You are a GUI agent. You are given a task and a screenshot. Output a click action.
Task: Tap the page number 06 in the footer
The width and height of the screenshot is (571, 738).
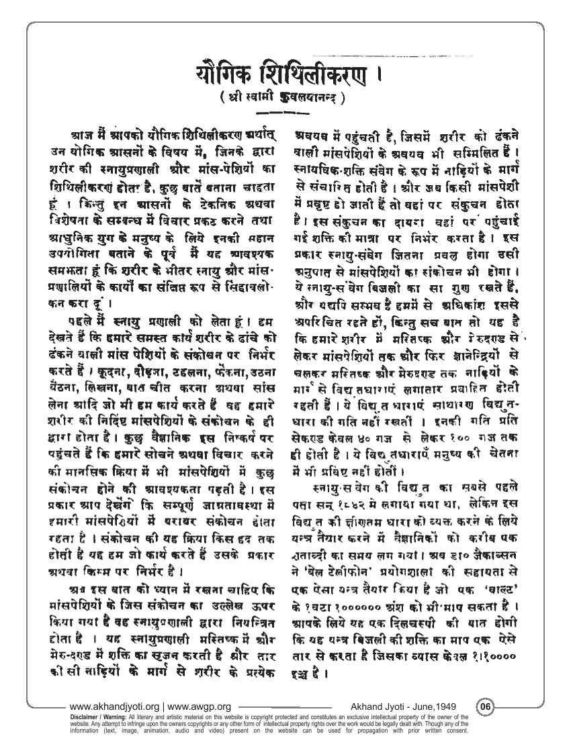click(x=486, y=706)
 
